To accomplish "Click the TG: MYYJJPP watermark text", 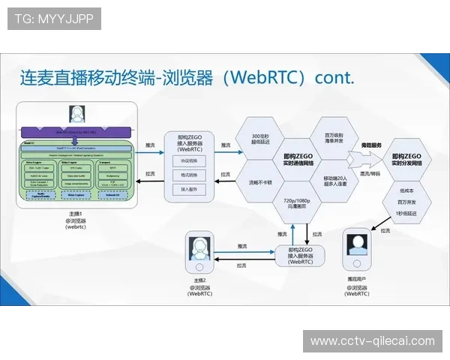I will (53, 18).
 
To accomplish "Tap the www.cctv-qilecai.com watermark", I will (373, 341).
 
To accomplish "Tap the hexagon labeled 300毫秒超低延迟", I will (259, 138).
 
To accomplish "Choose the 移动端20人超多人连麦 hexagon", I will (328, 181).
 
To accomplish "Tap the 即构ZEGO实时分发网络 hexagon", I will (407, 159).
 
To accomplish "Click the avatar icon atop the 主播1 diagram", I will (76, 114).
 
